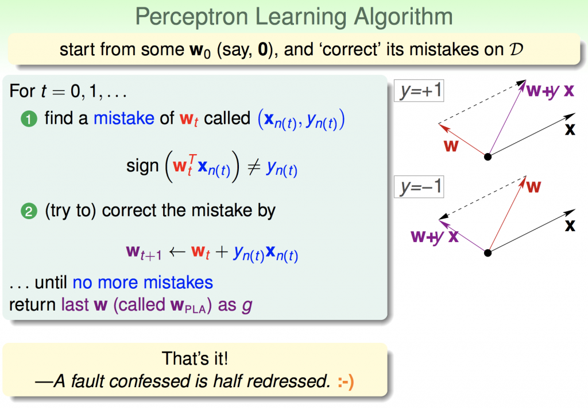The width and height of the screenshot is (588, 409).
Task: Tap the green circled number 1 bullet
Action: pyautogui.click(x=29, y=120)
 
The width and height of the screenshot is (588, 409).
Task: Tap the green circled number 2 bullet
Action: pyautogui.click(x=29, y=211)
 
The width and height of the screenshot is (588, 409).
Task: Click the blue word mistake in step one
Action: pyautogui.click(x=124, y=119)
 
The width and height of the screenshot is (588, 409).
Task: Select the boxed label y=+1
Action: pyautogui.click(x=419, y=90)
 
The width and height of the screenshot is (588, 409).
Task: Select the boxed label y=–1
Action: pyautogui.click(x=419, y=186)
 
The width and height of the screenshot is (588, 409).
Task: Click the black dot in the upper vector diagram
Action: pyautogui.click(x=488, y=156)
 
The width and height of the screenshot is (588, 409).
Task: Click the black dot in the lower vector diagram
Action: pyautogui.click(x=488, y=253)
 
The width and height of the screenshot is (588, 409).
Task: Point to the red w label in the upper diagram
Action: pyautogui.click(x=451, y=146)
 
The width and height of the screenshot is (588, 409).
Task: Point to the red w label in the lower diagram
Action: pyautogui.click(x=533, y=186)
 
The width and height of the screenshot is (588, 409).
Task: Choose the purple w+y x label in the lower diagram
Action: pyautogui.click(x=435, y=237)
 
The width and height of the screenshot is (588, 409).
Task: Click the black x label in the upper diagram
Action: pyautogui.click(x=570, y=129)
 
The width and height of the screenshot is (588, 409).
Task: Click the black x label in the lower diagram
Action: pyautogui.click(x=570, y=225)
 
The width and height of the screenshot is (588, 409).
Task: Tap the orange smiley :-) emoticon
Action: pyautogui.click(x=345, y=382)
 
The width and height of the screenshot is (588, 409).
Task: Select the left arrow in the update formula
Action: pyautogui.click(x=177, y=251)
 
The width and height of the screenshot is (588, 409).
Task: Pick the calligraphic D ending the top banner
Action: pyautogui.click(x=516, y=49)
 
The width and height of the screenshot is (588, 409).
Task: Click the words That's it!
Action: pyautogui.click(x=195, y=358)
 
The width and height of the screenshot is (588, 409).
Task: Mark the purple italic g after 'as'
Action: pyautogui.click(x=247, y=306)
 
